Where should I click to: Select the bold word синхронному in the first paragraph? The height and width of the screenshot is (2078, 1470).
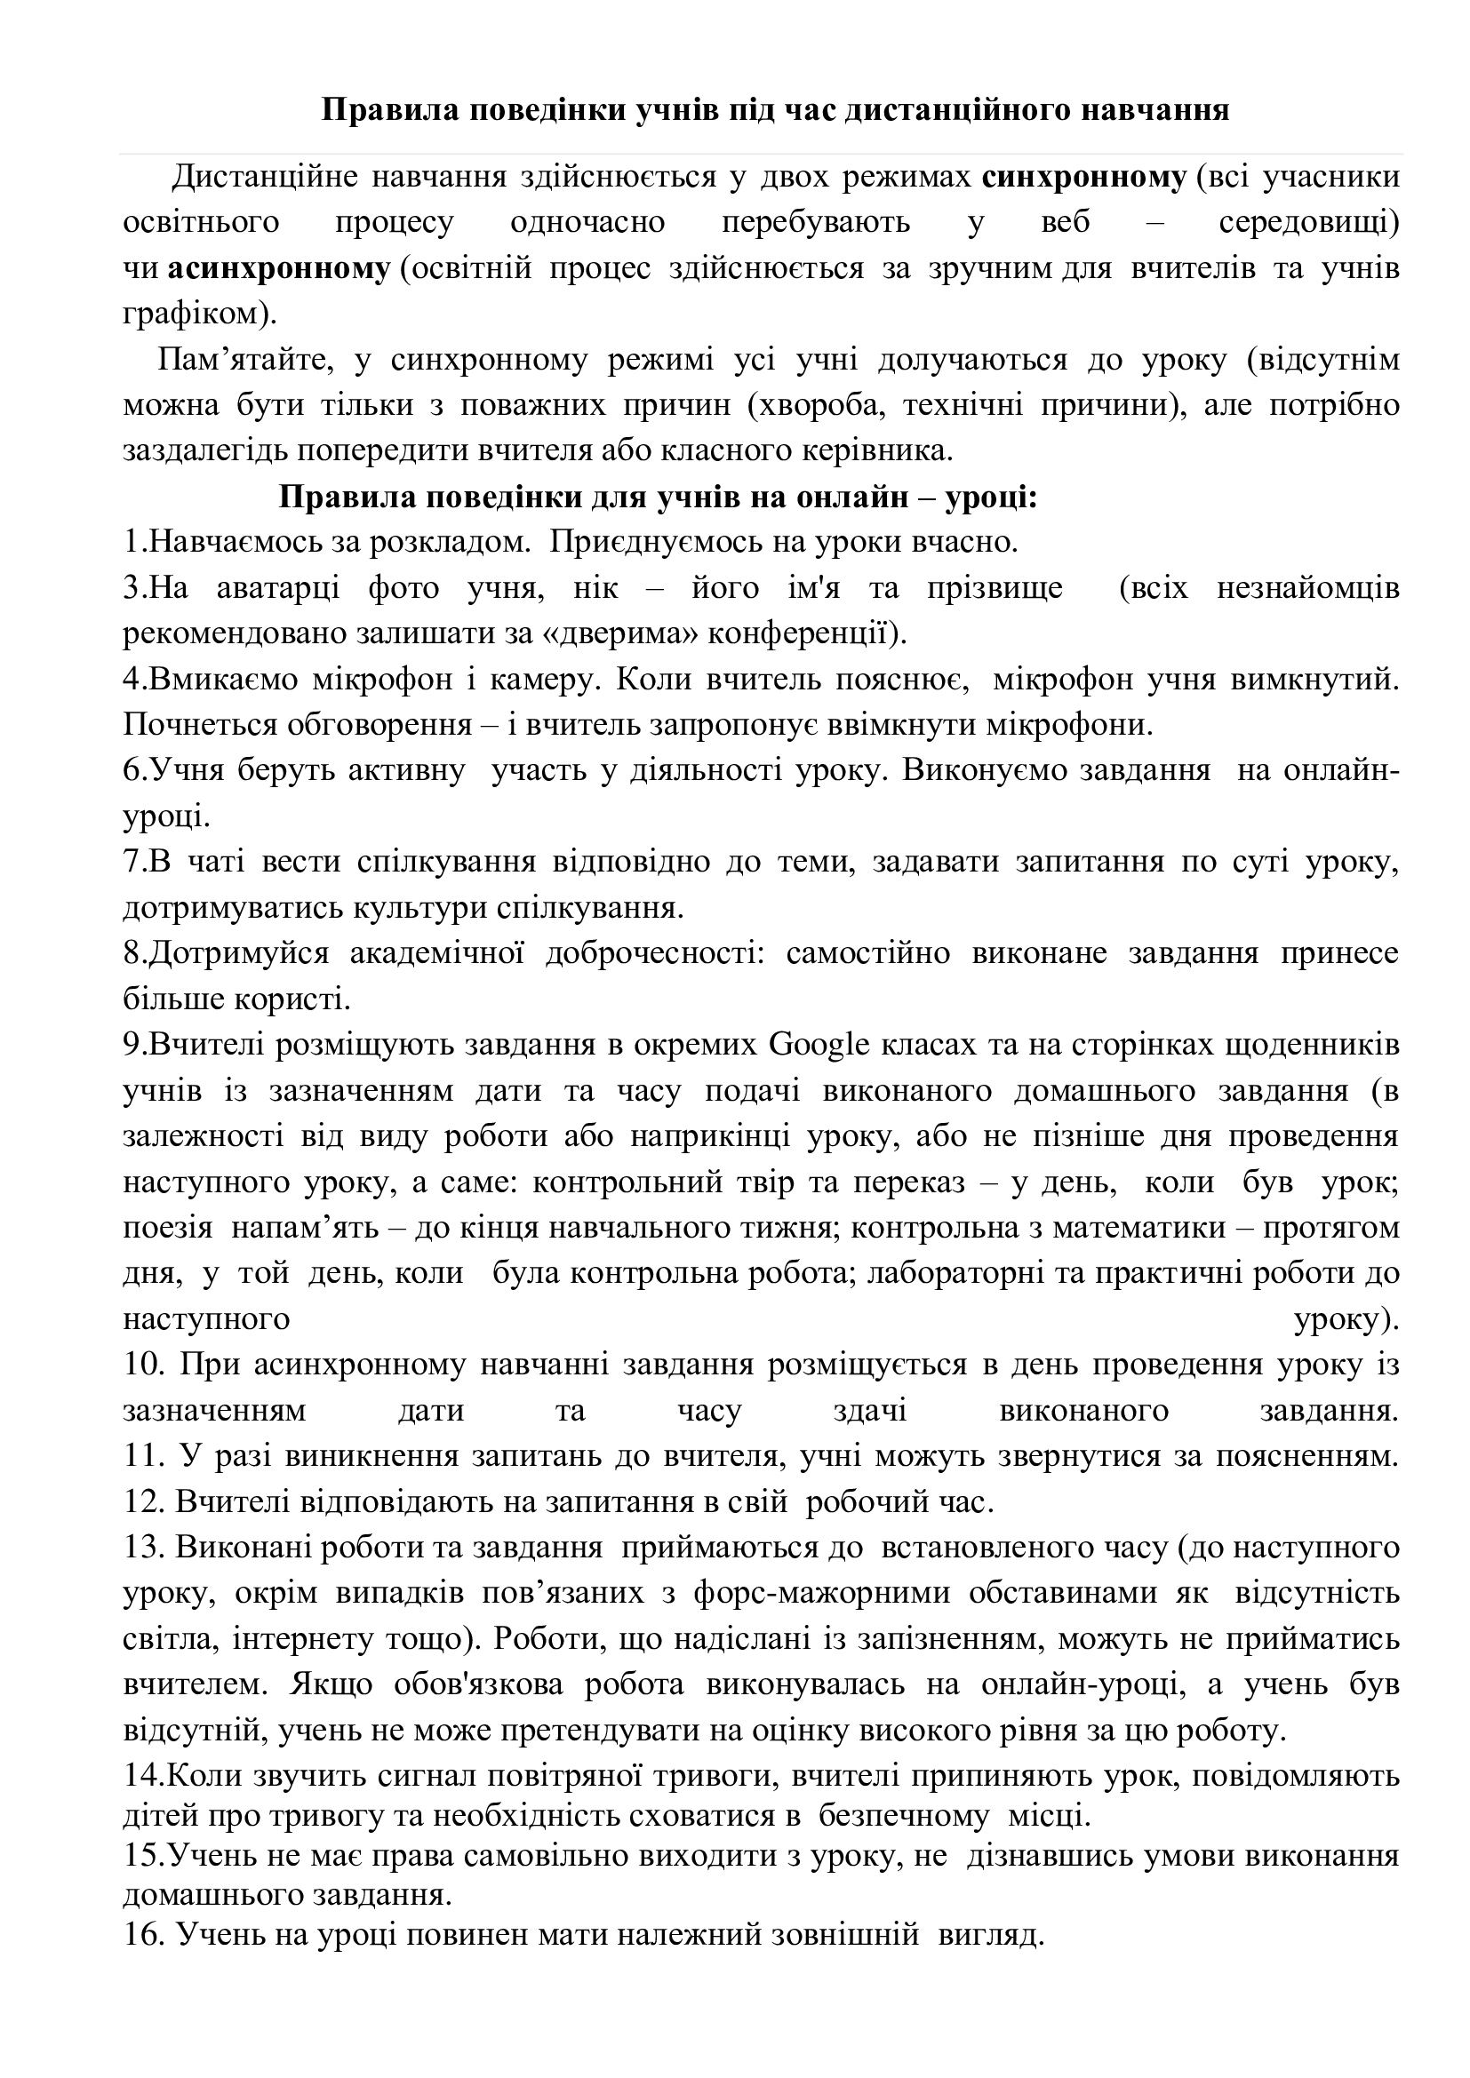(x=1083, y=178)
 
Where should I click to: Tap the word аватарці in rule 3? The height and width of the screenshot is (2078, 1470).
(x=278, y=588)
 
